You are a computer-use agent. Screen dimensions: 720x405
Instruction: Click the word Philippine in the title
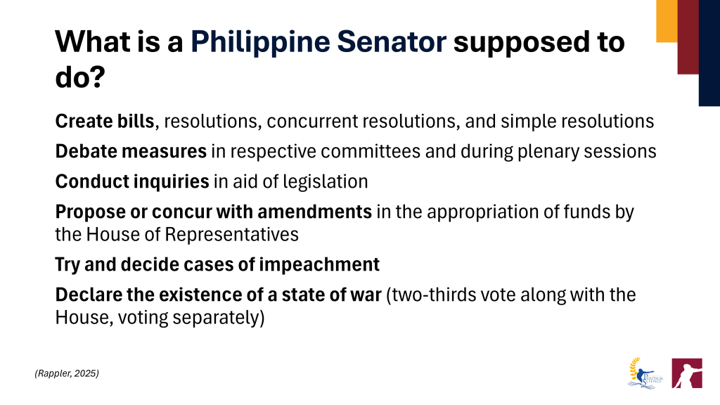click(x=260, y=41)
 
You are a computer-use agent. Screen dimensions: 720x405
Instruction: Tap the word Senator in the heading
click(x=392, y=41)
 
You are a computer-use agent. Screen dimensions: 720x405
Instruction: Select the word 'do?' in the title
click(x=80, y=77)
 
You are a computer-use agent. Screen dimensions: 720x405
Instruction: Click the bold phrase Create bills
click(x=105, y=121)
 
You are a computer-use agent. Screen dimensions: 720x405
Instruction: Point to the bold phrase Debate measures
click(x=131, y=151)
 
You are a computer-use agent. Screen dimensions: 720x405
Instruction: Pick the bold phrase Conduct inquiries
click(x=132, y=181)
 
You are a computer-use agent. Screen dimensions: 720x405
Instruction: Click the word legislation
click(x=325, y=182)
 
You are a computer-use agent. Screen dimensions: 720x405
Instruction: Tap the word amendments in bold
click(x=314, y=212)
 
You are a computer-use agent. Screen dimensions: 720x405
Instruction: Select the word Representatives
click(x=231, y=234)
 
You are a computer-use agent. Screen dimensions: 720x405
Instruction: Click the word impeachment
click(x=319, y=265)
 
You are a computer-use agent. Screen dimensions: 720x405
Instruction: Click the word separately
click(x=217, y=317)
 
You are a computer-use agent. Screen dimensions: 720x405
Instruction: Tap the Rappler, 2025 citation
click(x=67, y=373)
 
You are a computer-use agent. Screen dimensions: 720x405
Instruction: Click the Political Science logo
click(x=645, y=373)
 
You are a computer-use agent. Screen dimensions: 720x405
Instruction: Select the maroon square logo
click(x=687, y=373)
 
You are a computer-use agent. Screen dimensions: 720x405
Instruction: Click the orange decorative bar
click(x=667, y=21)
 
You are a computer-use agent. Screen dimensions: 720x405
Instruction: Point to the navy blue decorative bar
click(x=709, y=53)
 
